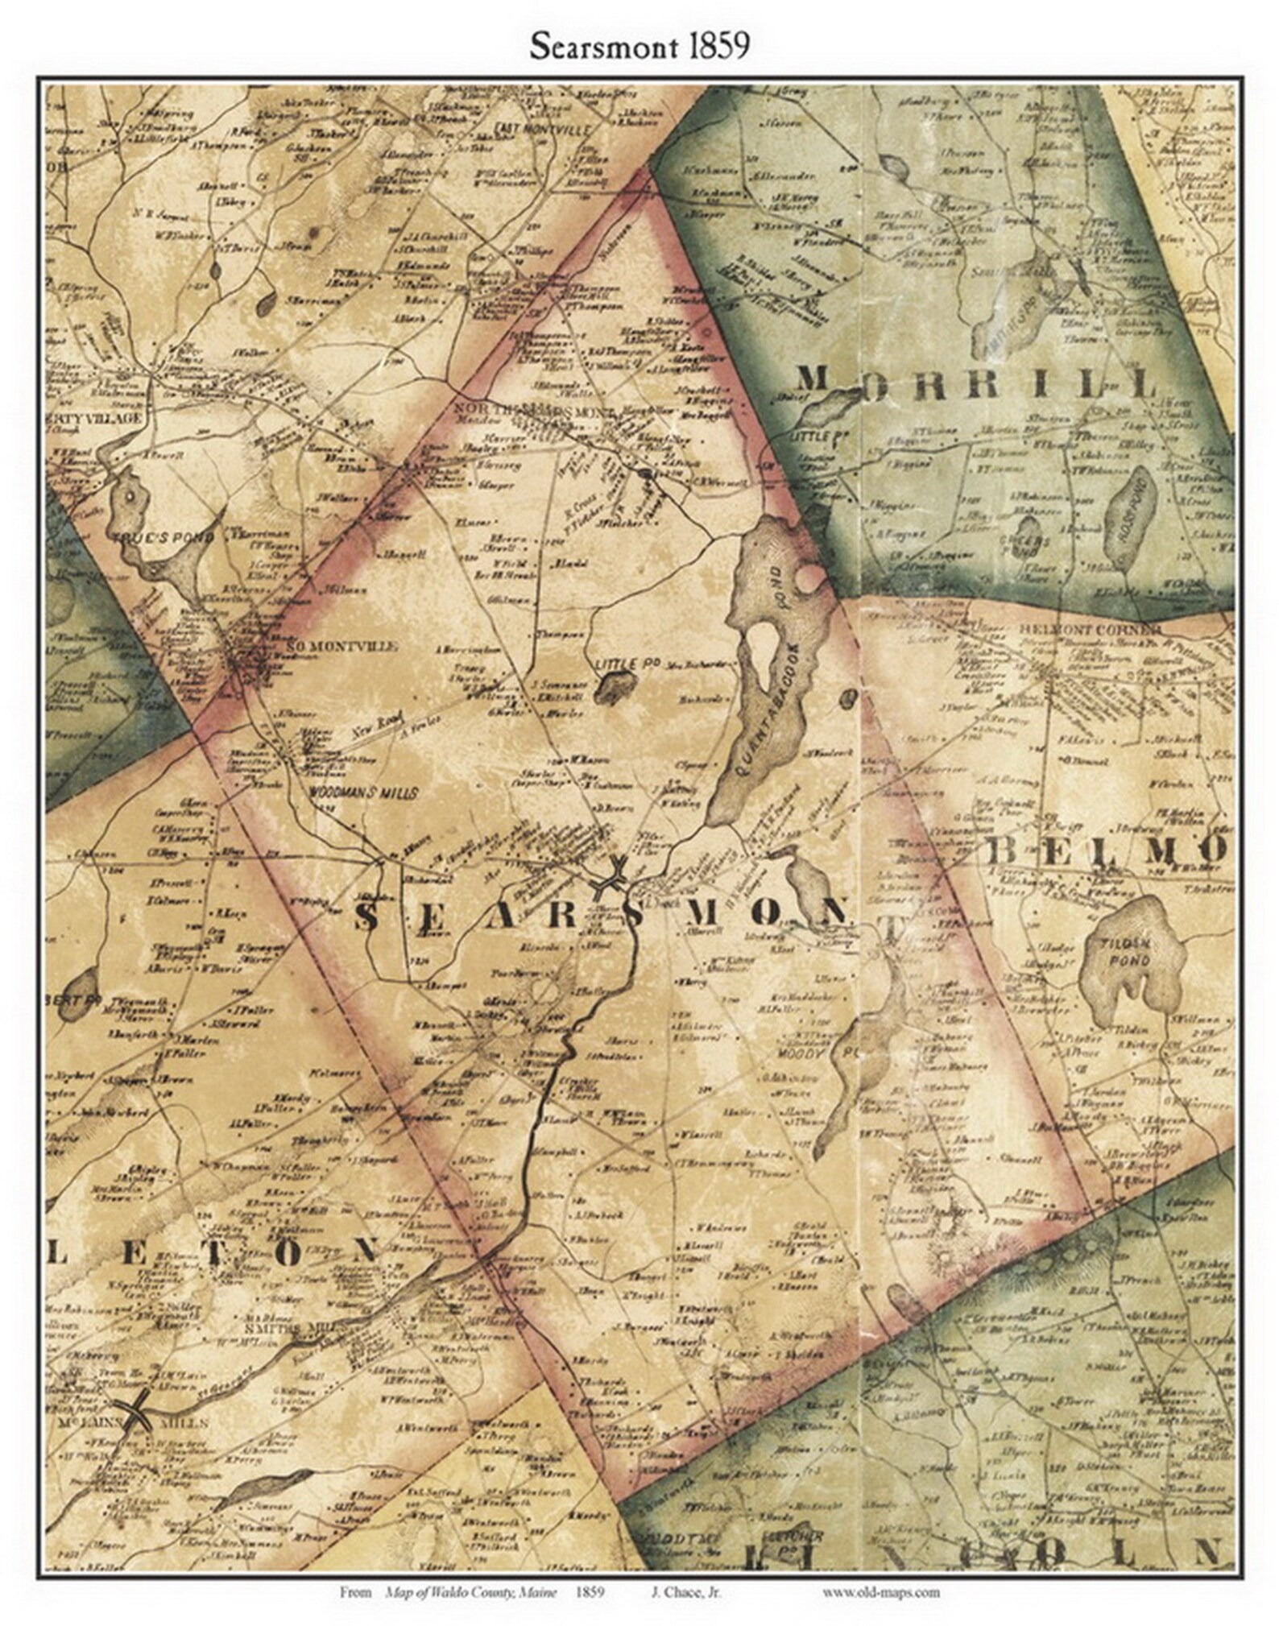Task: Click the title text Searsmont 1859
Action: (x=639, y=46)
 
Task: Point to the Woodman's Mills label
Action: (x=363, y=793)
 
